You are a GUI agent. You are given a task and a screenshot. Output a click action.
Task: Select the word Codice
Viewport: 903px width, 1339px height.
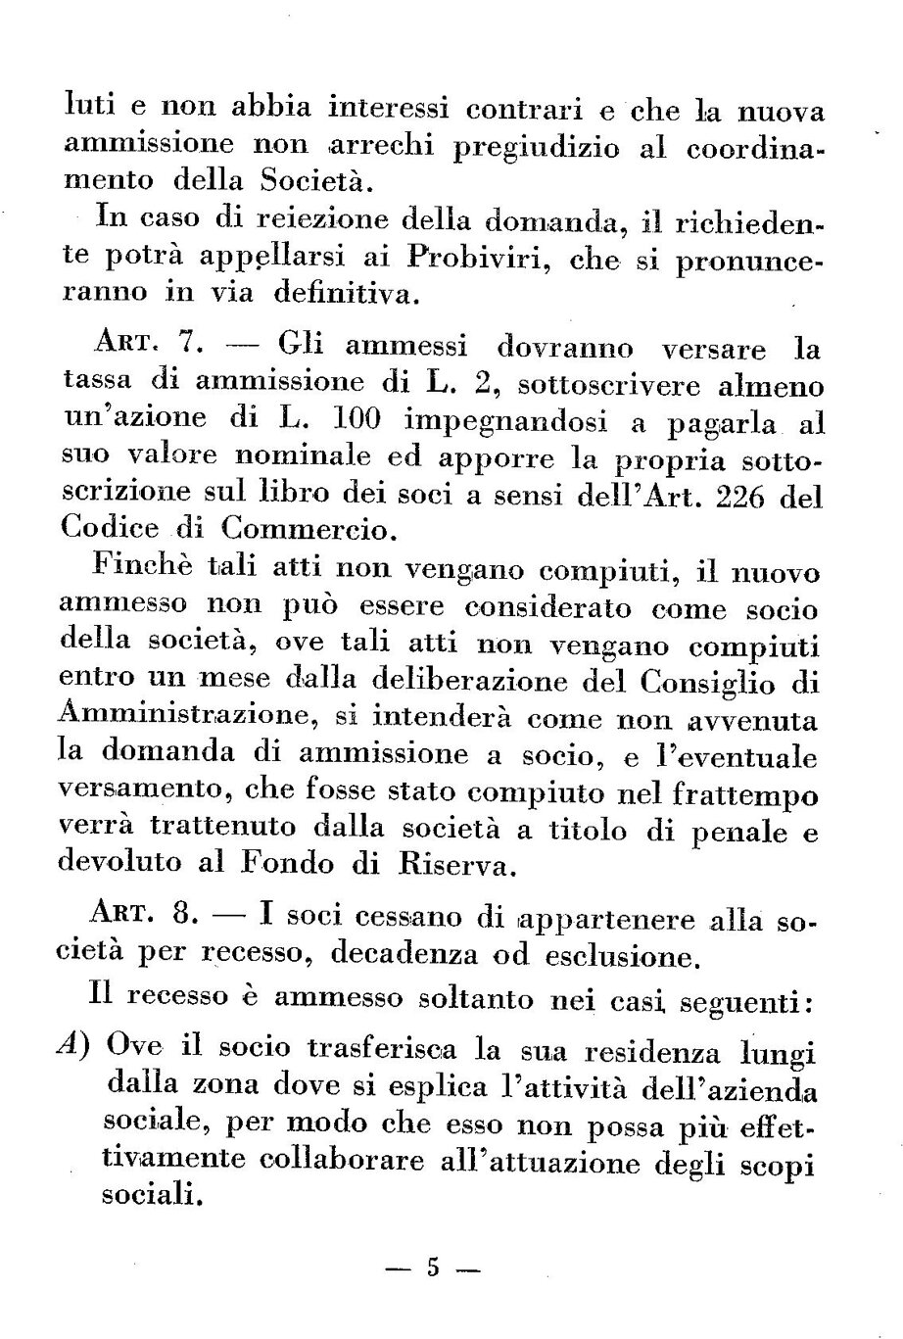pos(110,531)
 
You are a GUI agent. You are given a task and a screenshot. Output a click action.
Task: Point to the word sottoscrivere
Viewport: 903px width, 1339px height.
pos(598,384)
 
